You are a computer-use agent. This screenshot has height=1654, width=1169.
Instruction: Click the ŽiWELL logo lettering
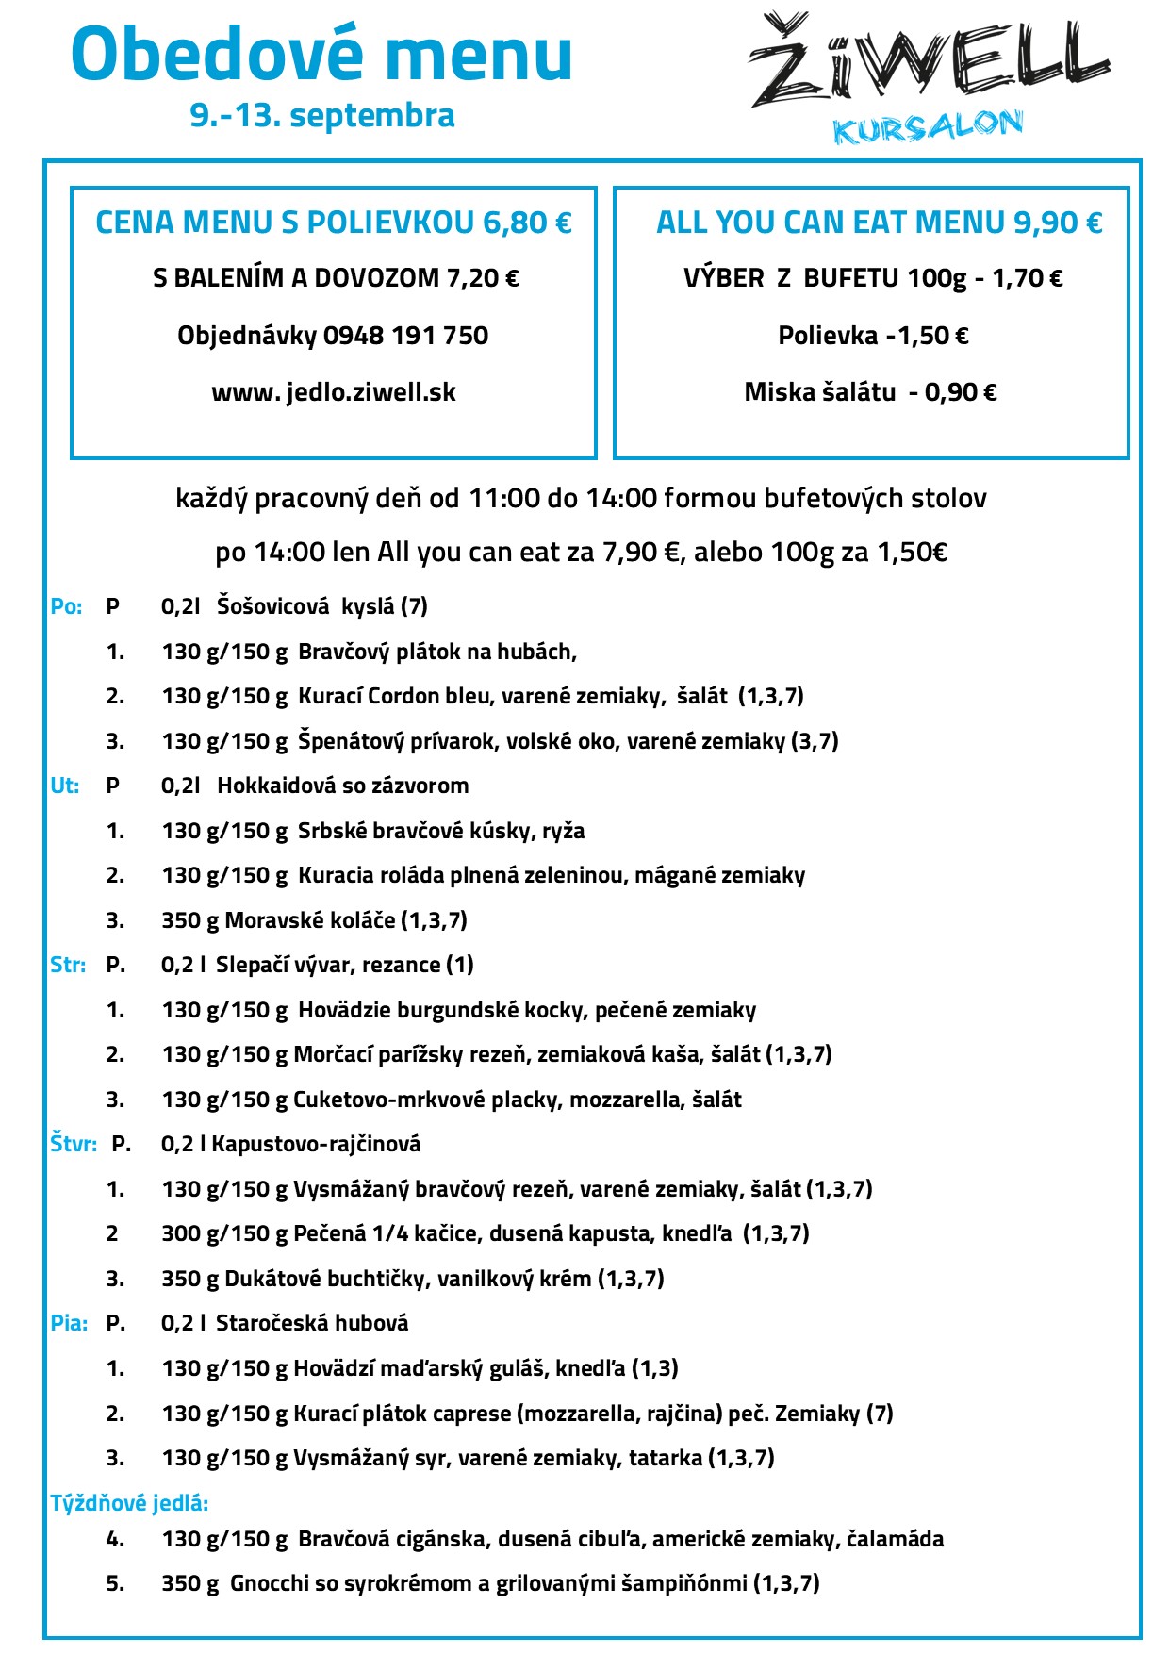(929, 62)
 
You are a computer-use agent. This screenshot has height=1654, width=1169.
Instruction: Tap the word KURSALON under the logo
(928, 127)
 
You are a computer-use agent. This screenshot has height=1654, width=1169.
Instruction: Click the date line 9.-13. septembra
(322, 115)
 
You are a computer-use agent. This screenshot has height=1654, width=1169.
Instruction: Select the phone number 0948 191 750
(405, 336)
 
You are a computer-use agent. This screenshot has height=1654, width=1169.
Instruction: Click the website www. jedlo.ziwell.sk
(334, 392)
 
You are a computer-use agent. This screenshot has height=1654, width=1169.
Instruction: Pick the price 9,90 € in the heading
(1058, 223)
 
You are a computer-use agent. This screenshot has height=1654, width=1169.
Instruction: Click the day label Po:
(66, 606)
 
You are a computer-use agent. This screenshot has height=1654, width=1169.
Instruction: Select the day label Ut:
(64, 786)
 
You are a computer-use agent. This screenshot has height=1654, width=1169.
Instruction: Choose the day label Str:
(68, 965)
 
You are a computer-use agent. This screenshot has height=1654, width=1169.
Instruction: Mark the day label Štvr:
(74, 1144)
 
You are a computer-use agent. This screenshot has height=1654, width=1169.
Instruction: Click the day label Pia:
(69, 1323)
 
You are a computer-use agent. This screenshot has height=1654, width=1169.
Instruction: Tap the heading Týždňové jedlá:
(129, 1502)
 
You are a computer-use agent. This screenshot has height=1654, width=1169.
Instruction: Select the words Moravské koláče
(310, 920)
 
